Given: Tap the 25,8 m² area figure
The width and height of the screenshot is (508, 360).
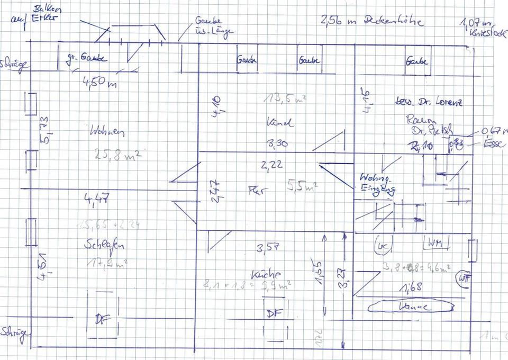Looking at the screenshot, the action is [x=117, y=155].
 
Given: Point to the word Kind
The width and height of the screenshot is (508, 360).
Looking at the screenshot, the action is [x=280, y=122].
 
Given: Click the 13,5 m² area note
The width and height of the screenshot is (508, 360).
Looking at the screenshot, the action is [x=286, y=98].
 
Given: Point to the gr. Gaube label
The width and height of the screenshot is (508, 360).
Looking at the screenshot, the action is [x=86, y=58].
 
